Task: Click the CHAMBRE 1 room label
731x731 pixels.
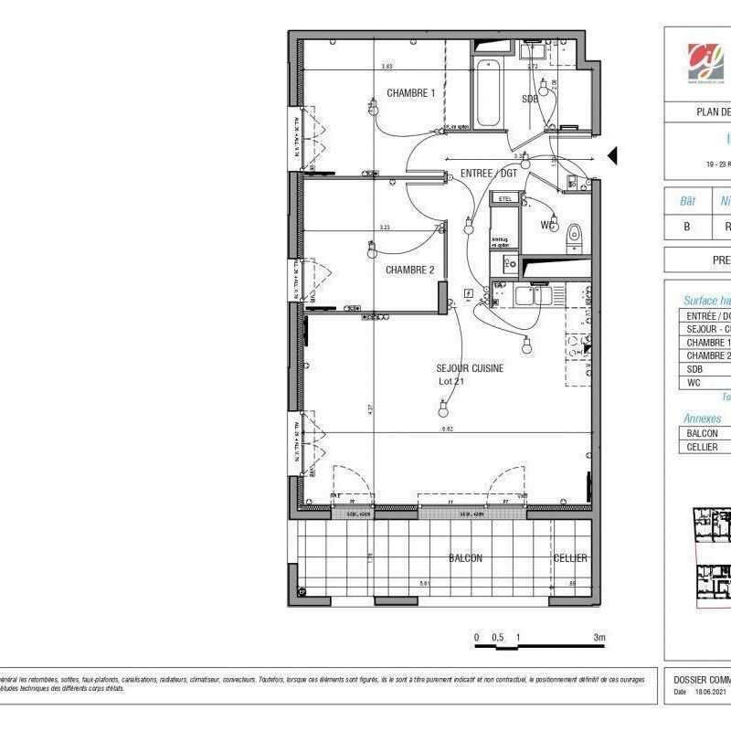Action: pos(410,93)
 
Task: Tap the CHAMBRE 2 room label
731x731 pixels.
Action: pos(409,270)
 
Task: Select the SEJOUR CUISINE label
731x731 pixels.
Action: pos(470,367)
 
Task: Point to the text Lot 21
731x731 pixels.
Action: pos(451,381)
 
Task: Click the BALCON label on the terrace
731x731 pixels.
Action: pos(465,558)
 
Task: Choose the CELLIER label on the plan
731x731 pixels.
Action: pos(570,558)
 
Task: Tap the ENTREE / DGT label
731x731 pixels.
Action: pos(488,173)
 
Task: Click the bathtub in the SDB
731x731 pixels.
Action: pos(486,94)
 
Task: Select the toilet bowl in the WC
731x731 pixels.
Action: pos(574,234)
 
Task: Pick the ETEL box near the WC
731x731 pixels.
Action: pos(503,197)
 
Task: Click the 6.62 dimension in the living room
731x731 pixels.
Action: pos(448,429)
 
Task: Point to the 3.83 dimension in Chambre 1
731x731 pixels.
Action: pos(387,67)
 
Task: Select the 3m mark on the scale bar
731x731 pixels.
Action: pos(599,638)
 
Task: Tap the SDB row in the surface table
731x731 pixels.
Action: pos(704,369)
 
